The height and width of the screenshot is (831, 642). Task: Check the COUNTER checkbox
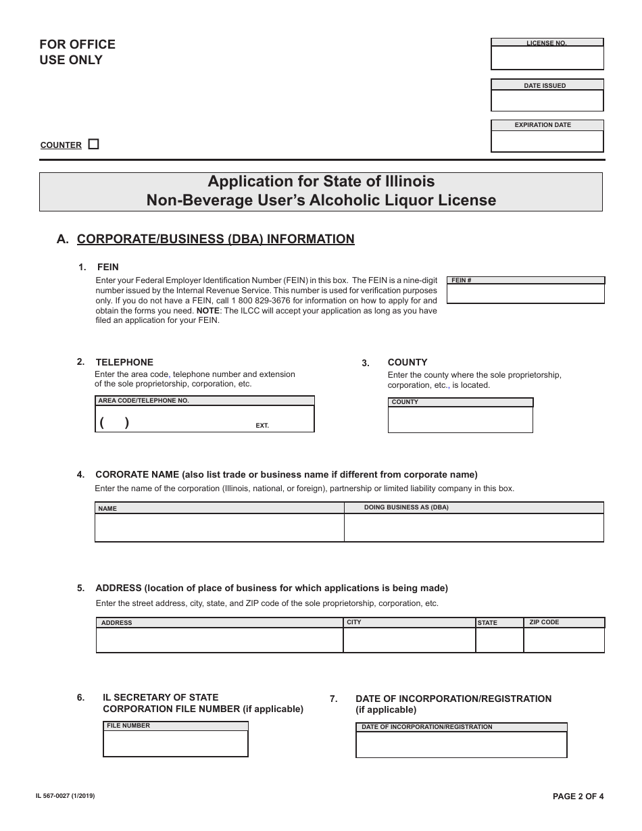click(x=93, y=144)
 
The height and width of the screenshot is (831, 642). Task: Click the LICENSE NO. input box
click(x=547, y=58)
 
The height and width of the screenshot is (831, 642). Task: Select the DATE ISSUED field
click(x=547, y=100)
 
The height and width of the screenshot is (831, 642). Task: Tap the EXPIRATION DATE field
click(x=547, y=141)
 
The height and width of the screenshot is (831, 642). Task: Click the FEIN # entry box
click(x=525, y=293)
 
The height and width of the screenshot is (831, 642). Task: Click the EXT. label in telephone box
click(x=262, y=426)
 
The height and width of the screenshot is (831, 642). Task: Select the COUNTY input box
click(x=460, y=419)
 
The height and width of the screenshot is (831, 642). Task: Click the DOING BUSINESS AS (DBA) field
click(x=474, y=527)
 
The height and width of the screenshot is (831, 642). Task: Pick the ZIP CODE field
click(x=564, y=640)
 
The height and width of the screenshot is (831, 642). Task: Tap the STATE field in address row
click(x=499, y=640)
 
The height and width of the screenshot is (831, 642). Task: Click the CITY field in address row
click(x=409, y=640)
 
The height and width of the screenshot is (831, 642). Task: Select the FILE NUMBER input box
click(x=175, y=743)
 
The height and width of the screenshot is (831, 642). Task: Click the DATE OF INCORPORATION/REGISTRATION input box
click(x=461, y=745)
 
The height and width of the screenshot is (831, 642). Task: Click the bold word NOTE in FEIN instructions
click(x=207, y=311)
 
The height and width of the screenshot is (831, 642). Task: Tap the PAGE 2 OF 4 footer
click(x=578, y=796)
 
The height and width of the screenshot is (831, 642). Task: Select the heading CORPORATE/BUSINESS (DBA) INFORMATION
click(x=216, y=238)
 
